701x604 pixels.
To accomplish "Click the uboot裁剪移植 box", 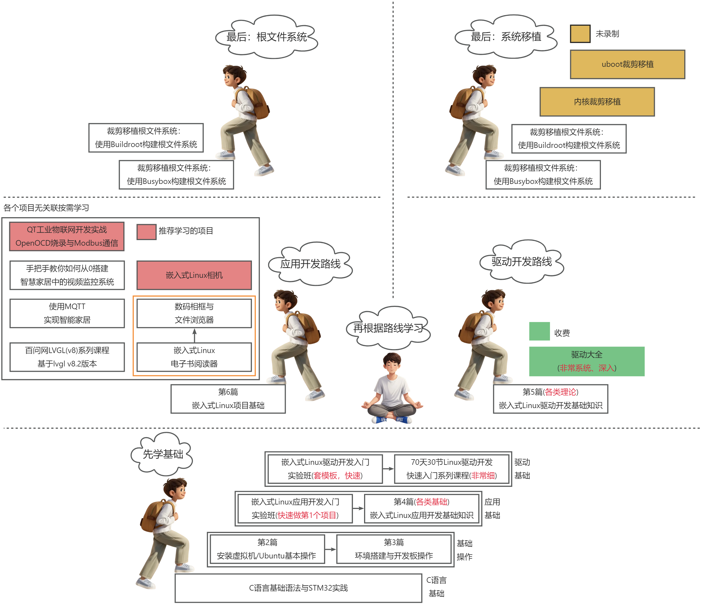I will (627, 64).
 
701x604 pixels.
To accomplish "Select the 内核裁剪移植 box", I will (597, 102).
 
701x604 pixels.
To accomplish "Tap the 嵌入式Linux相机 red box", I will (194, 275).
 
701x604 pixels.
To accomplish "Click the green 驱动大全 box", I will (587, 361).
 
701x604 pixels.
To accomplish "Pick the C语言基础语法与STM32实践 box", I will (298, 588).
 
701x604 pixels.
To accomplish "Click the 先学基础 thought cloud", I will (162, 454).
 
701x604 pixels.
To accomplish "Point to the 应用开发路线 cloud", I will (310, 264).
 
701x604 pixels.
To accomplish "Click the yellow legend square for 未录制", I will (580, 34).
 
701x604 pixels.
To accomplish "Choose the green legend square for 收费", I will (539, 331).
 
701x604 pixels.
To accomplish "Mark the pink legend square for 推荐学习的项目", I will (147, 232).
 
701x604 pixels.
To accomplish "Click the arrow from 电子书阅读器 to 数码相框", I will (195, 335).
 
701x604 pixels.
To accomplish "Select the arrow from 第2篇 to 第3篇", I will (331, 549).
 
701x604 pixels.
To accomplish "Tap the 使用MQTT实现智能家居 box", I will (67, 313).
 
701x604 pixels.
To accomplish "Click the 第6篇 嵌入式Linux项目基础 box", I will (228, 399).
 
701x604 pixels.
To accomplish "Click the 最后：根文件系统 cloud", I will (266, 37).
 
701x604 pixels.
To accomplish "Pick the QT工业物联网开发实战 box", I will (67, 236).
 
